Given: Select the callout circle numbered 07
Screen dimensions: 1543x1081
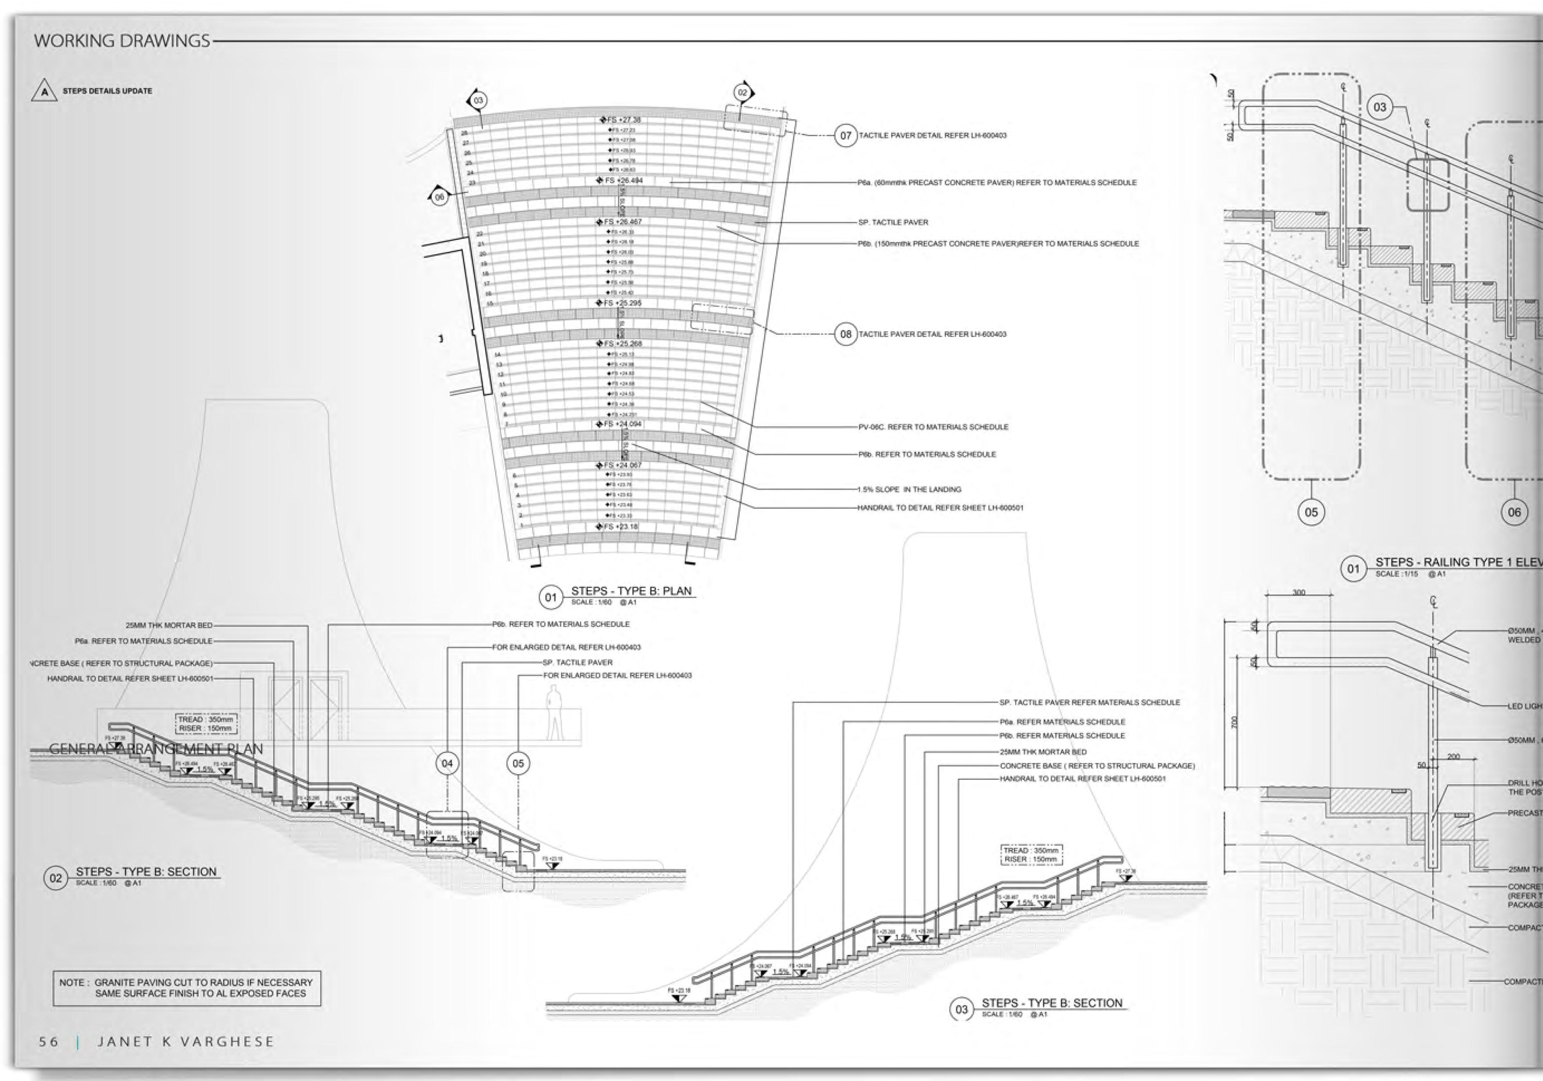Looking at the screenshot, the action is [x=845, y=136].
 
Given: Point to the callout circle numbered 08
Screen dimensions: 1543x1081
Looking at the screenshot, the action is [x=845, y=334].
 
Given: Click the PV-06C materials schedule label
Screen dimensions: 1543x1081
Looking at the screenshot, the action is [x=933, y=427].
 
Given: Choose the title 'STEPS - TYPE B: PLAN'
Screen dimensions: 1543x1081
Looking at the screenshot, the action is [x=631, y=591].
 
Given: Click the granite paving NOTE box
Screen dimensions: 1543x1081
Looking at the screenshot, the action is [x=187, y=987].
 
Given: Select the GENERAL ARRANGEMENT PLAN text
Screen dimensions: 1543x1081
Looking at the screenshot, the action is [x=156, y=749].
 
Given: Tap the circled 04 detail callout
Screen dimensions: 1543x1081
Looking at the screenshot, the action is [x=447, y=763].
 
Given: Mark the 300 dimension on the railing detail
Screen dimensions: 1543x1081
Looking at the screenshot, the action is [x=1298, y=593].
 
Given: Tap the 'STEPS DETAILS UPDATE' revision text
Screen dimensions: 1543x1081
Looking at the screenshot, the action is [x=108, y=91].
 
